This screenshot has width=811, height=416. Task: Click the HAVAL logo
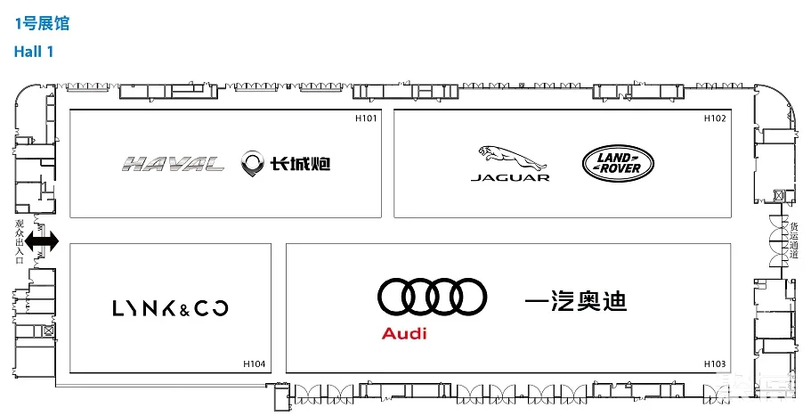pos(174,164)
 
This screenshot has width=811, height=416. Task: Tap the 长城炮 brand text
pos(300,164)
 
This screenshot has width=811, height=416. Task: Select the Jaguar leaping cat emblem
pos(511,158)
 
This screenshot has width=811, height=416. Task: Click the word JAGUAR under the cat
pos(510,177)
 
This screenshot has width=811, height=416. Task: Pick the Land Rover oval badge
pos(618,164)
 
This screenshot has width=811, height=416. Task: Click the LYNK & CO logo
pos(170,308)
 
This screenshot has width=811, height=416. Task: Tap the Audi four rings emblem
pos(432,297)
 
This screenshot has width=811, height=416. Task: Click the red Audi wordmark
pos(404,334)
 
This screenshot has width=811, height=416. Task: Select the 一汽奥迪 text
pos(576,300)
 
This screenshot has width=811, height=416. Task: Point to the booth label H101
pos(366,118)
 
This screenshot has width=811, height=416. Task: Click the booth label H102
pos(715,118)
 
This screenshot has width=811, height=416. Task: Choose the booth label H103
pos(715,363)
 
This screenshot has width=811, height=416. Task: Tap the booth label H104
pos(254,363)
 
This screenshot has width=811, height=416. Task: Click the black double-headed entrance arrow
pos(43,241)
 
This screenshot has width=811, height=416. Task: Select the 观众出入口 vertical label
pos(20,241)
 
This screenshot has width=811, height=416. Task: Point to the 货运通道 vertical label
pos(794,241)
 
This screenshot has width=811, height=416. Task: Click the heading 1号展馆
pos(41,23)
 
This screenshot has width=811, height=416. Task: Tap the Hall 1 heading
pos(34,52)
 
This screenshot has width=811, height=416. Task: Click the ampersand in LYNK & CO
pos(184,309)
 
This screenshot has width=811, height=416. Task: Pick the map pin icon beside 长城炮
pos(252,164)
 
